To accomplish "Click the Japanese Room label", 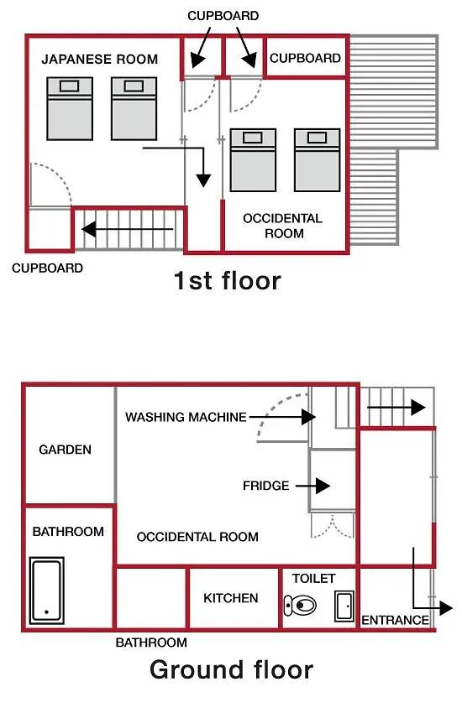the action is click(x=100, y=59).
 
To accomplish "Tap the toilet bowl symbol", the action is click(x=300, y=606).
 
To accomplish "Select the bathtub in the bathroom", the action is click(x=46, y=591).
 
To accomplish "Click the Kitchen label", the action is click(x=231, y=598).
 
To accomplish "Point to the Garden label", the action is click(x=65, y=450).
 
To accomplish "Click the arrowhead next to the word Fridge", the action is click(x=323, y=486).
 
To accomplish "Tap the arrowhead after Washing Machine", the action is click(x=308, y=417).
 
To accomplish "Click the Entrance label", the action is click(x=395, y=620).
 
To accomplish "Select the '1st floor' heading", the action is click(x=227, y=280).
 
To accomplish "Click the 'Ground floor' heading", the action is click(x=231, y=670).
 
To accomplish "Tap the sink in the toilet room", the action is click(x=344, y=606).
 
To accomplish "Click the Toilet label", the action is click(x=313, y=579).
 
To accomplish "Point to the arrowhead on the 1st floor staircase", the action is click(x=89, y=229).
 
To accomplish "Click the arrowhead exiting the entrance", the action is click(x=446, y=608).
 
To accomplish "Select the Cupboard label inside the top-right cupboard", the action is click(x=306, y=58).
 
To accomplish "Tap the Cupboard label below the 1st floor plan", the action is click(x=47, y=268).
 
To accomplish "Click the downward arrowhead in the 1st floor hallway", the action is click(x=203, y=180).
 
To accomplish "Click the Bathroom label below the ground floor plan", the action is click(x=151, y=643).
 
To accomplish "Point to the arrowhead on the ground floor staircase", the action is click(x=418, y=408).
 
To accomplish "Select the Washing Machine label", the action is click(x=186, y=417).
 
